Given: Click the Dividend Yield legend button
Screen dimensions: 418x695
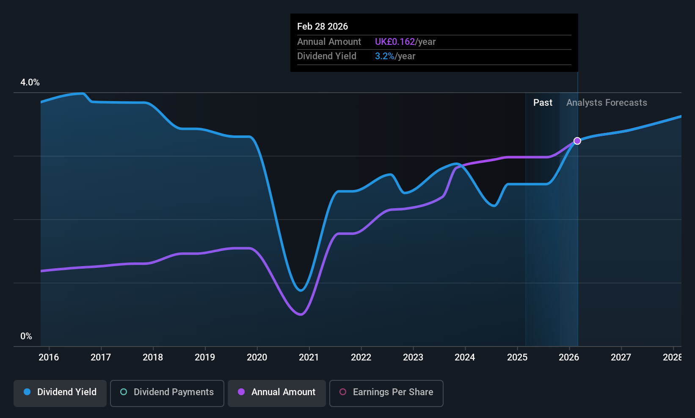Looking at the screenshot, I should coord(60,393).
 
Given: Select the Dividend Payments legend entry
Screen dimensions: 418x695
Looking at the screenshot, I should coord(167,393).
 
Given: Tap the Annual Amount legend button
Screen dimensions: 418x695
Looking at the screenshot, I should coord(277,393).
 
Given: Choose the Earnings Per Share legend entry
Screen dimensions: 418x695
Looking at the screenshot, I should coord(386,393).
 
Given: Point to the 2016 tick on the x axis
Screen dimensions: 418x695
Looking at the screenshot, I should coord(49,357).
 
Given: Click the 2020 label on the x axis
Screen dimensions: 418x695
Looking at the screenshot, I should coord(257,357).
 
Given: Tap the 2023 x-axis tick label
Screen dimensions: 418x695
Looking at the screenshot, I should coord(413,357).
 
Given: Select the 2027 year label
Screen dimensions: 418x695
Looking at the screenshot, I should coord(621,357).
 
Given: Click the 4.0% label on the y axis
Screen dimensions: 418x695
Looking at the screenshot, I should coord(30,82).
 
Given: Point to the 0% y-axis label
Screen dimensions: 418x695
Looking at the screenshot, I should coord(26,336).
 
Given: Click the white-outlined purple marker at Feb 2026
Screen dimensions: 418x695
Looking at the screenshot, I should coord(577,141).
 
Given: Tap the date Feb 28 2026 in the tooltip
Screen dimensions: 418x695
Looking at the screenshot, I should coord(323,27).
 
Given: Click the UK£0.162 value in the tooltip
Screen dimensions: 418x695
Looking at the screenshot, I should coord(395,42).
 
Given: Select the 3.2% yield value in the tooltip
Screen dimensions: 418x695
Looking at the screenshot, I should coord(385,56).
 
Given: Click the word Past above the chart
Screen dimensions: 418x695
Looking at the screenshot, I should coord(543,103).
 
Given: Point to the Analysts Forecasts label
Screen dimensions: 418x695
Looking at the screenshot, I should coord(607,103).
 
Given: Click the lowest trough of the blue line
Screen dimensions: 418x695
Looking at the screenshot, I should coord(301,291).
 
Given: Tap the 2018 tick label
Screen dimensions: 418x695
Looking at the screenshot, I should coord(153,357).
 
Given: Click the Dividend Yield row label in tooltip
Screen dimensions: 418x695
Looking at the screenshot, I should coord(327,56).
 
